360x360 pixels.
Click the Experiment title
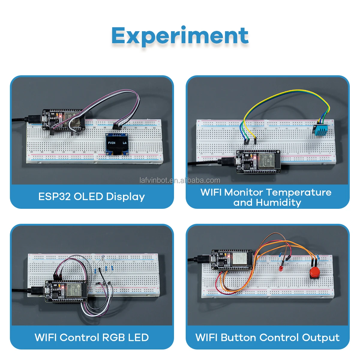click(x=180, y=36)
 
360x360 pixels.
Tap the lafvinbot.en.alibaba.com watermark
click(x=180, y=180)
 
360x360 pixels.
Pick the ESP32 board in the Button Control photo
click(x=233, y=259)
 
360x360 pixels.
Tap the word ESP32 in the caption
click(x=55, y=196)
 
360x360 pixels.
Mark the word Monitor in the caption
click(x=244, y=192)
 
